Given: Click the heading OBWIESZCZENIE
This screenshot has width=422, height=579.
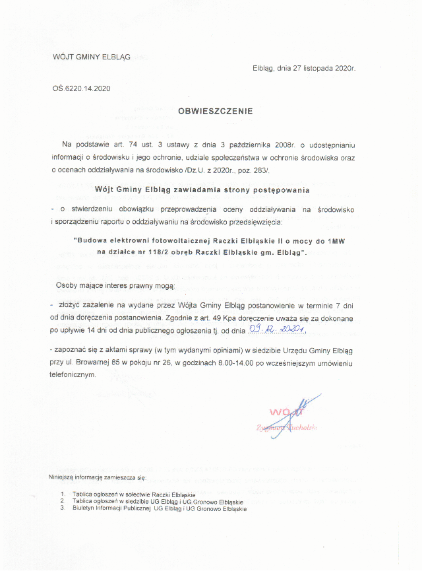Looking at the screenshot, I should (216, 112).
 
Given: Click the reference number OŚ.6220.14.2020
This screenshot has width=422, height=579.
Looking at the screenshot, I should (82, 88).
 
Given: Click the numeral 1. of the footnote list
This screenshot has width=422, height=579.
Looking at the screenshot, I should (62, 494).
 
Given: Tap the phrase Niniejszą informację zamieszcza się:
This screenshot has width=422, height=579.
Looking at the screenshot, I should (97, 477).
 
